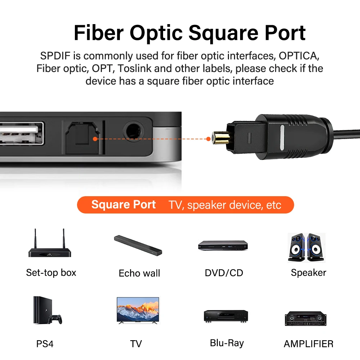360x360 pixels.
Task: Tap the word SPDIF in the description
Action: [55, 56]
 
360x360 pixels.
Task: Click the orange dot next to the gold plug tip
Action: [208, 139]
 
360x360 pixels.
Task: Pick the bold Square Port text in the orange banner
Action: [123, 204]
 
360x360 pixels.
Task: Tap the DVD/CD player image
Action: [223, 245]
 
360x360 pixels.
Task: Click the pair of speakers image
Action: [306, 247]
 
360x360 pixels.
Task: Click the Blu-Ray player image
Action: [226, 316]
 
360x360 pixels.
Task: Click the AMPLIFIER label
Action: [309, 344]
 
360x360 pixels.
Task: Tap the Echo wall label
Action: [139, 273]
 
